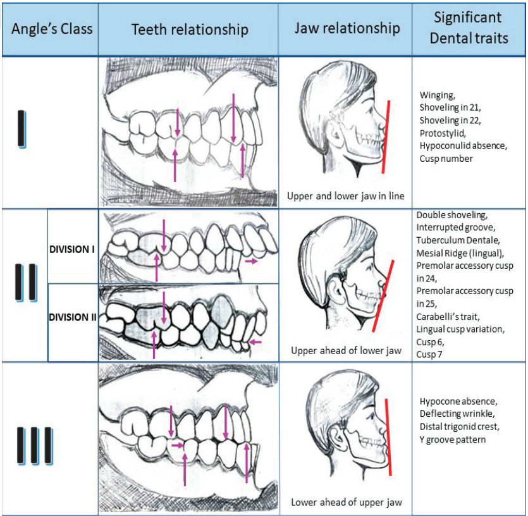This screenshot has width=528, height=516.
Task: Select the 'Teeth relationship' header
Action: (190, 29)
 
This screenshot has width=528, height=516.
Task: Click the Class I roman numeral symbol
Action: (22, 130)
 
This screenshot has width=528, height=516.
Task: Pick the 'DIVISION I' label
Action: (72, 249)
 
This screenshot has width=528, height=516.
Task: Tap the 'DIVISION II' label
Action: (73, 317)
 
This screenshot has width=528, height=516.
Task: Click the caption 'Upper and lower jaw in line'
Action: (346, 195)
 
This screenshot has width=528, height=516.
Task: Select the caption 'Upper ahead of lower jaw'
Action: (346, 350)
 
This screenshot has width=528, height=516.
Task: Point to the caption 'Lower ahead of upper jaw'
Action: (346, 503)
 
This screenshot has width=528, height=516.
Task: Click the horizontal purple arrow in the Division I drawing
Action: (251, 261)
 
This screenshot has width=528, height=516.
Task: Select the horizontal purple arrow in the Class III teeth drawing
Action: (179, 445)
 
